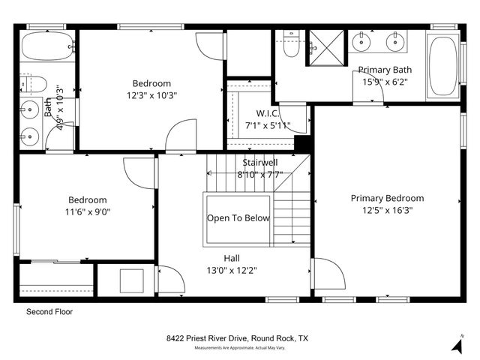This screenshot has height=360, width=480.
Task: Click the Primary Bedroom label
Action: [x=387, y=198]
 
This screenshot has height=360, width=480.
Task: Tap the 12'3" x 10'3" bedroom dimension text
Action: [x=151, y=95]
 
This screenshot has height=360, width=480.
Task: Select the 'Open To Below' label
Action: [x=238, y=218]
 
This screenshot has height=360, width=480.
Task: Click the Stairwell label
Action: [x=260, y=163]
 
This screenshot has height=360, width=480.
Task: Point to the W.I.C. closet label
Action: [x=268, y=113]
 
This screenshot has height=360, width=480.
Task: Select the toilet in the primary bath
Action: [x=293, y=46]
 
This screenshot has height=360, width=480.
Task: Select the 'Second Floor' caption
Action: [x=49, y=311]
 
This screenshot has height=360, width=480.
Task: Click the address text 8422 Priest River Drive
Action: [x=237, y=339]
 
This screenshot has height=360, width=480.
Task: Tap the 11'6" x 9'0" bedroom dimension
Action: [x=88, y=212]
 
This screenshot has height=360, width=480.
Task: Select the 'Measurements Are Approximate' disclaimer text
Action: [x=237, y=349]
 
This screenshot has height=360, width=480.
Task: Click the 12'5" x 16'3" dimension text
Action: [x=387, y=210]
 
